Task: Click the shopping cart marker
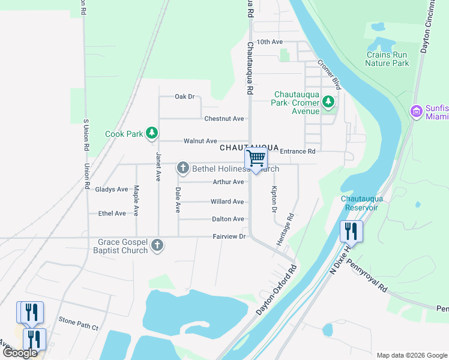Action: tap(256, 160)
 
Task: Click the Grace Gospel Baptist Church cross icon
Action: tap(157, 245)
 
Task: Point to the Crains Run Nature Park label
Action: tap(387, 59)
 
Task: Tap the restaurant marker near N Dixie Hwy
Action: tap(351, 231)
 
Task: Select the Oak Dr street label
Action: tap(185, 97)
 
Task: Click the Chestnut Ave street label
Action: tap(224, 119)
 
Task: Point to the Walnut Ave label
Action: tap(200, 141)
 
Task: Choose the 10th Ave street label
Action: tap(269, 42)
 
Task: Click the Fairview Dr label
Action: tap(229, 237)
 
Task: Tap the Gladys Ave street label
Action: tap(112, 190)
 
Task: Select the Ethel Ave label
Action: tap(112, 214)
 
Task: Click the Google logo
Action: tap(20, 353)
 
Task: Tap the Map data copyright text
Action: tap(411, 355)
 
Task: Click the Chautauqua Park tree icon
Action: tap(328, 102)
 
